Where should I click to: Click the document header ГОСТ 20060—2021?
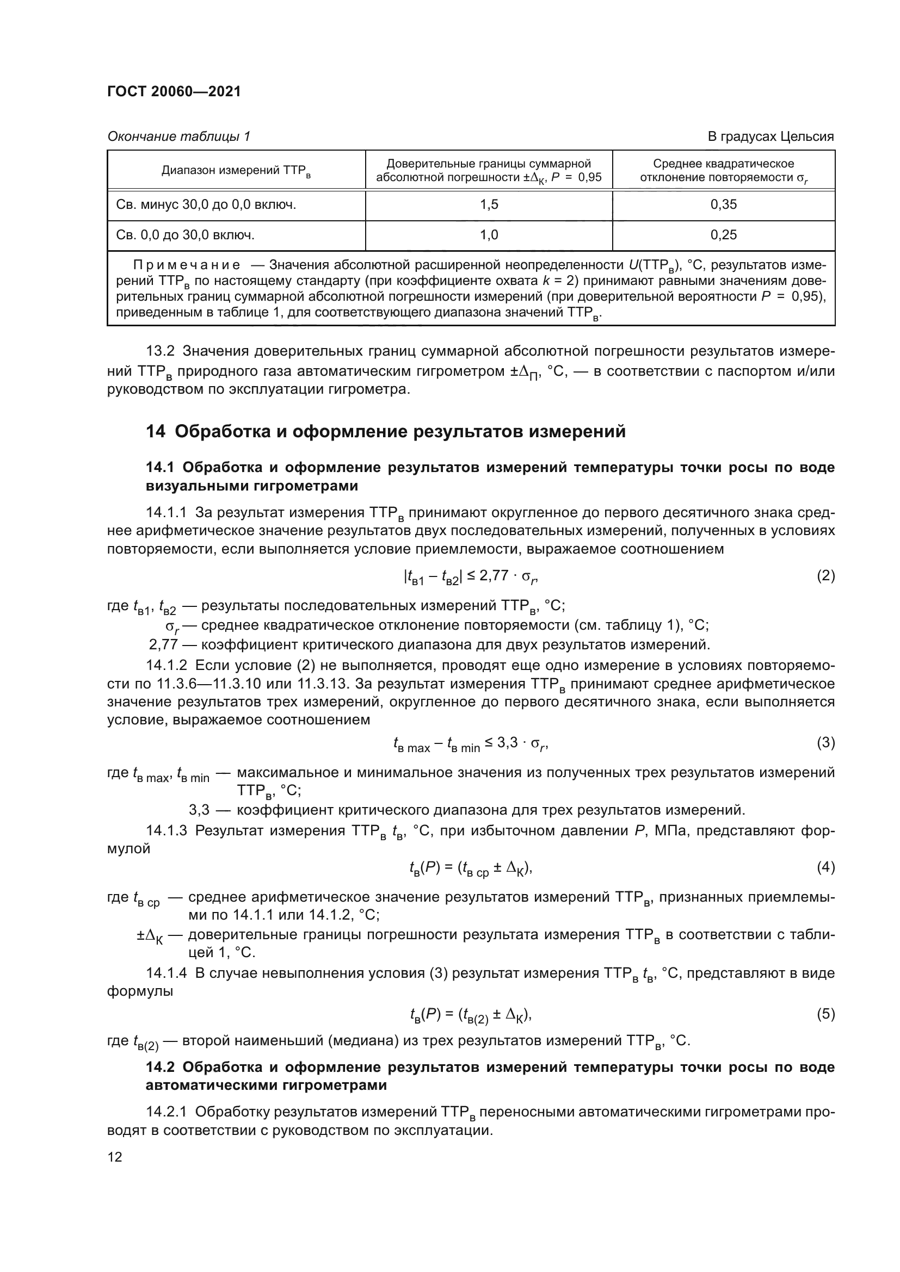pos(174,91)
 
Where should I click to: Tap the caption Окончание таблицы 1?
pos(178,136)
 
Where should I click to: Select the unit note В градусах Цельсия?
pos(770,136)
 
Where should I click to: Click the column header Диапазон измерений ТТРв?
pos(236,171)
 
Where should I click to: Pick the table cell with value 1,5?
pos(489,205)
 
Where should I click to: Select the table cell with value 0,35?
pos(723,205)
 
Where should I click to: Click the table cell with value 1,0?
pos(489,235)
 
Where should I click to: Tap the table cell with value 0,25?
pos(723,235)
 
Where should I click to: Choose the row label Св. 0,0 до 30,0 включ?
pos(185,235)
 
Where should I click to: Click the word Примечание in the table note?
pos(187,265)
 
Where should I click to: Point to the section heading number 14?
pos(155,432)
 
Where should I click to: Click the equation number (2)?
pos(825,576)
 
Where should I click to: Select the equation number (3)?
pos(825,742)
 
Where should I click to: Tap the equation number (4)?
pos(825,867)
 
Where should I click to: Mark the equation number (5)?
pos(825,1014)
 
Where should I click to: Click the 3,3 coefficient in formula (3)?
pos(507,742)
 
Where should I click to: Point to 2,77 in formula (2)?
pos(494,576)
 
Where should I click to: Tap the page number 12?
pos(115,1156)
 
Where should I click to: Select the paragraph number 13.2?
pos(160,351)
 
